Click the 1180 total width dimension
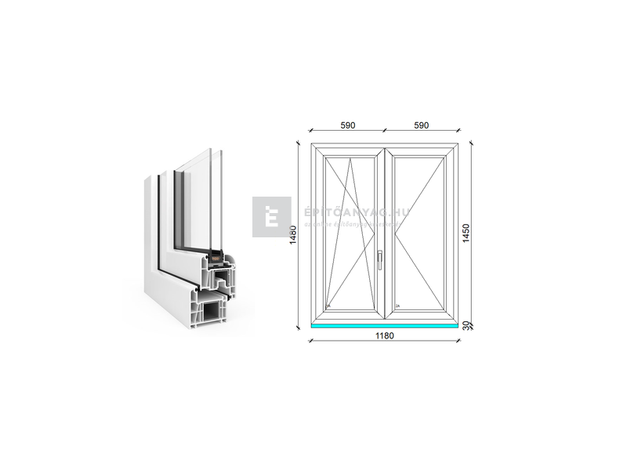[384, 336]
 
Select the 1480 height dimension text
[293, 235]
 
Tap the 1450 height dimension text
[466, 233]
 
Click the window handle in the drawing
[378, 258]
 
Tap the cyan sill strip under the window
[384, 324]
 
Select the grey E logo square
[271, 216]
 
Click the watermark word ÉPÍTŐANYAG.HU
[345, 211]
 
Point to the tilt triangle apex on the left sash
[350, 156]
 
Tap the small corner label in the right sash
[398, 306]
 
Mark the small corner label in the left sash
[330, 306]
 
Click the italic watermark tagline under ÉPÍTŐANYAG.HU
[345, 223]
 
